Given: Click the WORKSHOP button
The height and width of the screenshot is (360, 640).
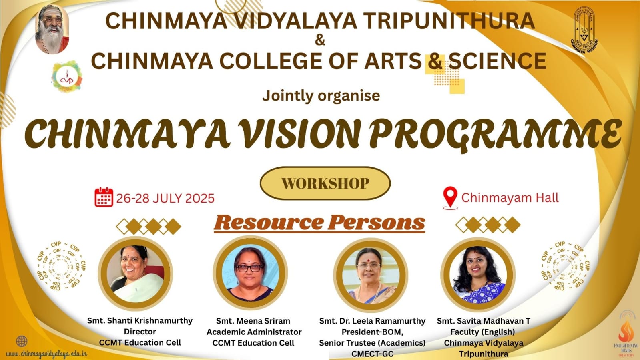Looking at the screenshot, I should (x=325, y=183).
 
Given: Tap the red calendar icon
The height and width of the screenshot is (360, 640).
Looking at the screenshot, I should (x=104, y=197).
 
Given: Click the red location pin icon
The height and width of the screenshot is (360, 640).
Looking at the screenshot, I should (x=450, y=197).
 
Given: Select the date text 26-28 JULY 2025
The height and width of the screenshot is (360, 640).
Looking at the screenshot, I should (x=165, y=198).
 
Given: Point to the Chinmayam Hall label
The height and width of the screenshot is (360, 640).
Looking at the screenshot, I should (x=510, y=197).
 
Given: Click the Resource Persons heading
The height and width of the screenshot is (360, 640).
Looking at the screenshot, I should (x=319, y=223).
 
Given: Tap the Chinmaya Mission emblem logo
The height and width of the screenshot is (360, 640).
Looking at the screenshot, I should (x=584, y=30).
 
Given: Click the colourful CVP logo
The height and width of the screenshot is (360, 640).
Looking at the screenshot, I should (x=67, y=76).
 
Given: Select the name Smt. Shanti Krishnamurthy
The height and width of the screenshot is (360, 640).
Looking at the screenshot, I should (x=140, y=321).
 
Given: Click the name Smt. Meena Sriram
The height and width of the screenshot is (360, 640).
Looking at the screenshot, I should (x=253, y=321).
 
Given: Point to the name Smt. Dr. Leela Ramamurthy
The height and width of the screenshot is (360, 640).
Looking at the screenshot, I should (x=372, y=321).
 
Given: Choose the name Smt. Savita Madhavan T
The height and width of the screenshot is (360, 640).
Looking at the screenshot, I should (x=484, y=321).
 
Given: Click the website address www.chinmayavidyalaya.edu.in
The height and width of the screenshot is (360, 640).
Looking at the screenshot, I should (x=46, y=354).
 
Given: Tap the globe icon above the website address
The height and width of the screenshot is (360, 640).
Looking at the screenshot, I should (x=22, y=342).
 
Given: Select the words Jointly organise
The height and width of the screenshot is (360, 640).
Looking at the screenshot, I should (x=321, y=96).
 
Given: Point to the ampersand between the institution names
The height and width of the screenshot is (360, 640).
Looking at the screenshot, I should (x=320, y=40).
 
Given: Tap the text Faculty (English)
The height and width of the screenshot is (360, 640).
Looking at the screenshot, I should (x=483, y=332).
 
